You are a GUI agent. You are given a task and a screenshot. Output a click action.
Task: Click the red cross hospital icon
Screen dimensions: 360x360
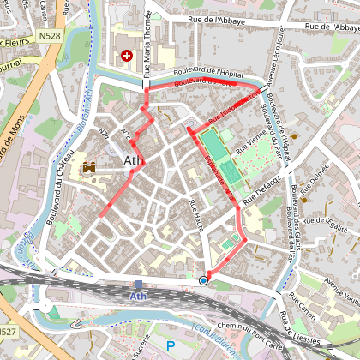[128, 55]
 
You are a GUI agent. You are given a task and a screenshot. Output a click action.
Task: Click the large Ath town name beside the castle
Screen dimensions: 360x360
[134, 161]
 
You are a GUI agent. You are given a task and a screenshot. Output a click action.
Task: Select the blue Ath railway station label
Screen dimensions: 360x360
[138, 297]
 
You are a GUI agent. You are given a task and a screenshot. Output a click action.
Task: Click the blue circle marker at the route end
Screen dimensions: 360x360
[203, 280]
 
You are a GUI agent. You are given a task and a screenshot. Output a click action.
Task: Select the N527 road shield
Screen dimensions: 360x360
[7, 332]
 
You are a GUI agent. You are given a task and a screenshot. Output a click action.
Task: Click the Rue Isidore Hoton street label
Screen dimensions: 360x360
[231, 109]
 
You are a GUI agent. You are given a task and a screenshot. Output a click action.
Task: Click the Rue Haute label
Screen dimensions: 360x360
[197, 213]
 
